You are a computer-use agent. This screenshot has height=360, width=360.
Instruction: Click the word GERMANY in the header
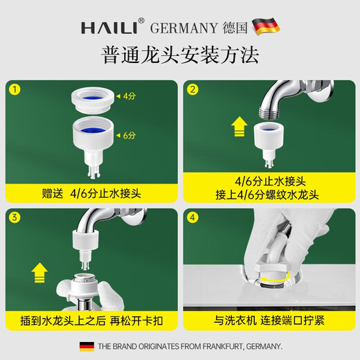tap(183, 27)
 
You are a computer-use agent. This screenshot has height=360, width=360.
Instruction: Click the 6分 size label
tap(129, 136)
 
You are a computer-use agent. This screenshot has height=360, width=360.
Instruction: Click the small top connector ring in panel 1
tap(91, 98)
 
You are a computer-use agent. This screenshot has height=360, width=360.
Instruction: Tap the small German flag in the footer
tap(87, 345)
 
